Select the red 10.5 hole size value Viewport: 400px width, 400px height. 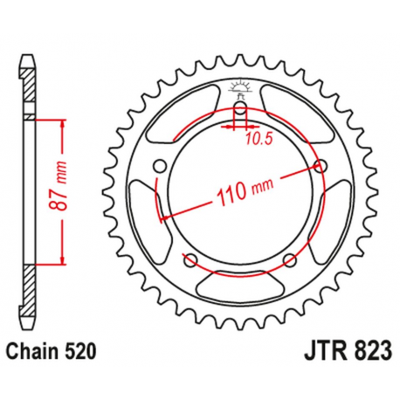(254, 137)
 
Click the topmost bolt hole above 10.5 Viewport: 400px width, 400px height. (239, 109)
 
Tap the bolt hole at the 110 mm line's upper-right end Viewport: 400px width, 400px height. (321, 166)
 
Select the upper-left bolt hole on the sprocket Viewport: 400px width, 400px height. (159, 166)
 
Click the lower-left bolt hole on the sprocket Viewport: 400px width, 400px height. (190, 258)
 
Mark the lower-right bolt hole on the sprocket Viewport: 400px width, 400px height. (289, 258)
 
